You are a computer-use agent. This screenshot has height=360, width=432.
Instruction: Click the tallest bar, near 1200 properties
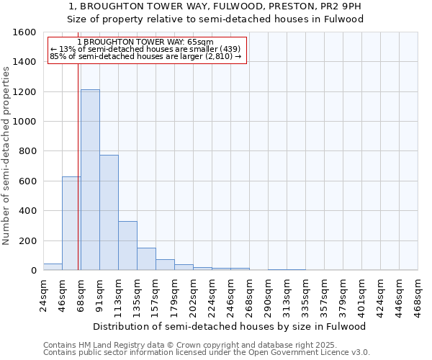click(90, 180)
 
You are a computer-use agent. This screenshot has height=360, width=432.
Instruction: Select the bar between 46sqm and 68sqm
click(71, 223)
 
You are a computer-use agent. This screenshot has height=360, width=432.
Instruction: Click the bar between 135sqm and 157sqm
click(146, 259)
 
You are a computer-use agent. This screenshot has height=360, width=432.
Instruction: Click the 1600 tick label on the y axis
click(24, 32)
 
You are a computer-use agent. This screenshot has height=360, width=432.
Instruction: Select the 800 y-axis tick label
click(27, 151)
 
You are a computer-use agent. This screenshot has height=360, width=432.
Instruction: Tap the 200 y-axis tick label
click(27, 240)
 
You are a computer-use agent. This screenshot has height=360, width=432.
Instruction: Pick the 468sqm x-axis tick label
click(418, 295)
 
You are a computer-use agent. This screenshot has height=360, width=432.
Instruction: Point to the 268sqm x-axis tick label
click(249, 295)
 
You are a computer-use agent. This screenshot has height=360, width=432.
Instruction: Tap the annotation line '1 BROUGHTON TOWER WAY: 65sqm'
click(144, 42)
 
